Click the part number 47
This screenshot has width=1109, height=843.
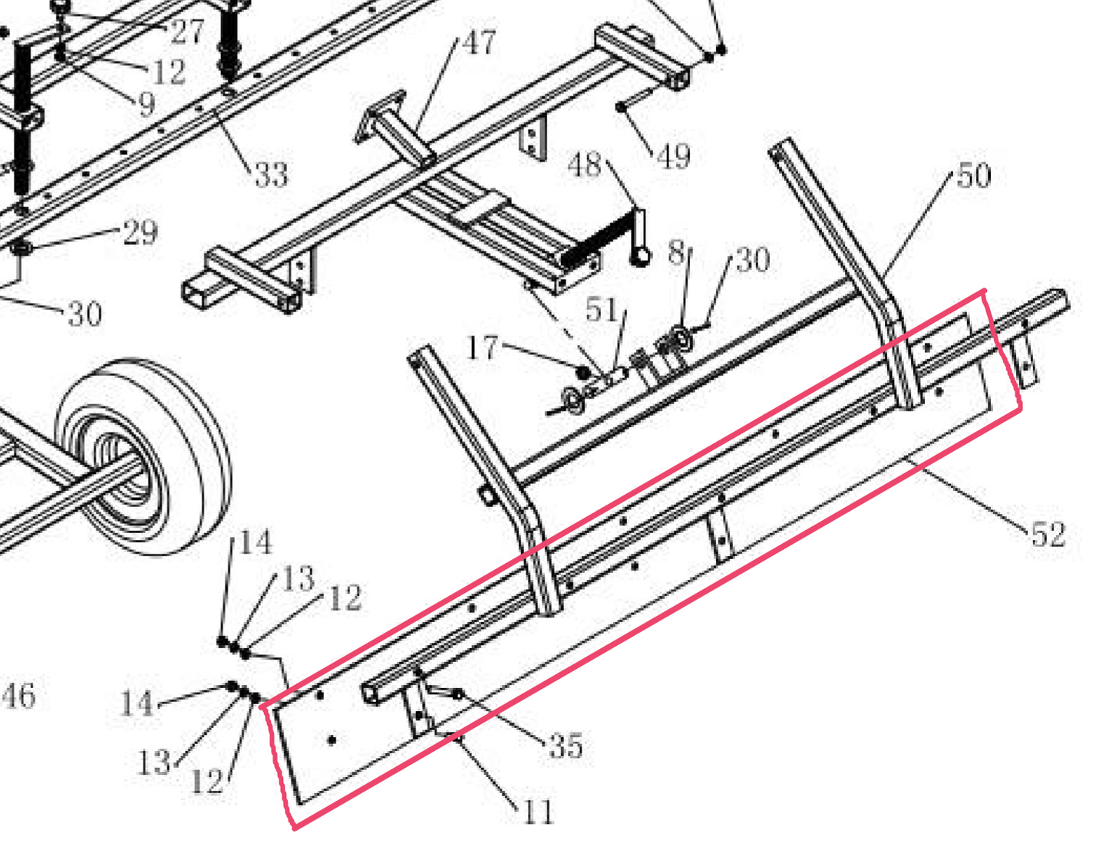click(x=479, y=42)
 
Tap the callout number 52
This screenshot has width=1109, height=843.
click(x=1048, y=534)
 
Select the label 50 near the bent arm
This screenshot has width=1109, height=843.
click(x=973, y=176)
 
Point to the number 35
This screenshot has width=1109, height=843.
click(x=566, y=746)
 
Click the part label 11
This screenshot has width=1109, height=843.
click(x=537, y=811)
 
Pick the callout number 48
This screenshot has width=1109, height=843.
click(x=585, y=164)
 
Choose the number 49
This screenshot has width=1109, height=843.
click(x=675, y=156)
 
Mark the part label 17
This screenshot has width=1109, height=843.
click(x=483, y=347)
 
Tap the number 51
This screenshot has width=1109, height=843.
click(x=601, y=309)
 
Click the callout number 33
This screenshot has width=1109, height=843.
click(x=271, y=175)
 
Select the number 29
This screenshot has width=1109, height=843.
click(x=140, y=232)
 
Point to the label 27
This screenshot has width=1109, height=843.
click(x=187, y=31)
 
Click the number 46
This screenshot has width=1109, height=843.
click(x=18, y=696)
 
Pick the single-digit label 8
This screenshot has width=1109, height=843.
click(x=675, y=252)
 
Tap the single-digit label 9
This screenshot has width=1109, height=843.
click(x=145, y=104)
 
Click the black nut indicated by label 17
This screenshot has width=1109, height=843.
click(x=583, y=373)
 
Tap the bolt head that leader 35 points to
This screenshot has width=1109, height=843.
click(x=457, y=694)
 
